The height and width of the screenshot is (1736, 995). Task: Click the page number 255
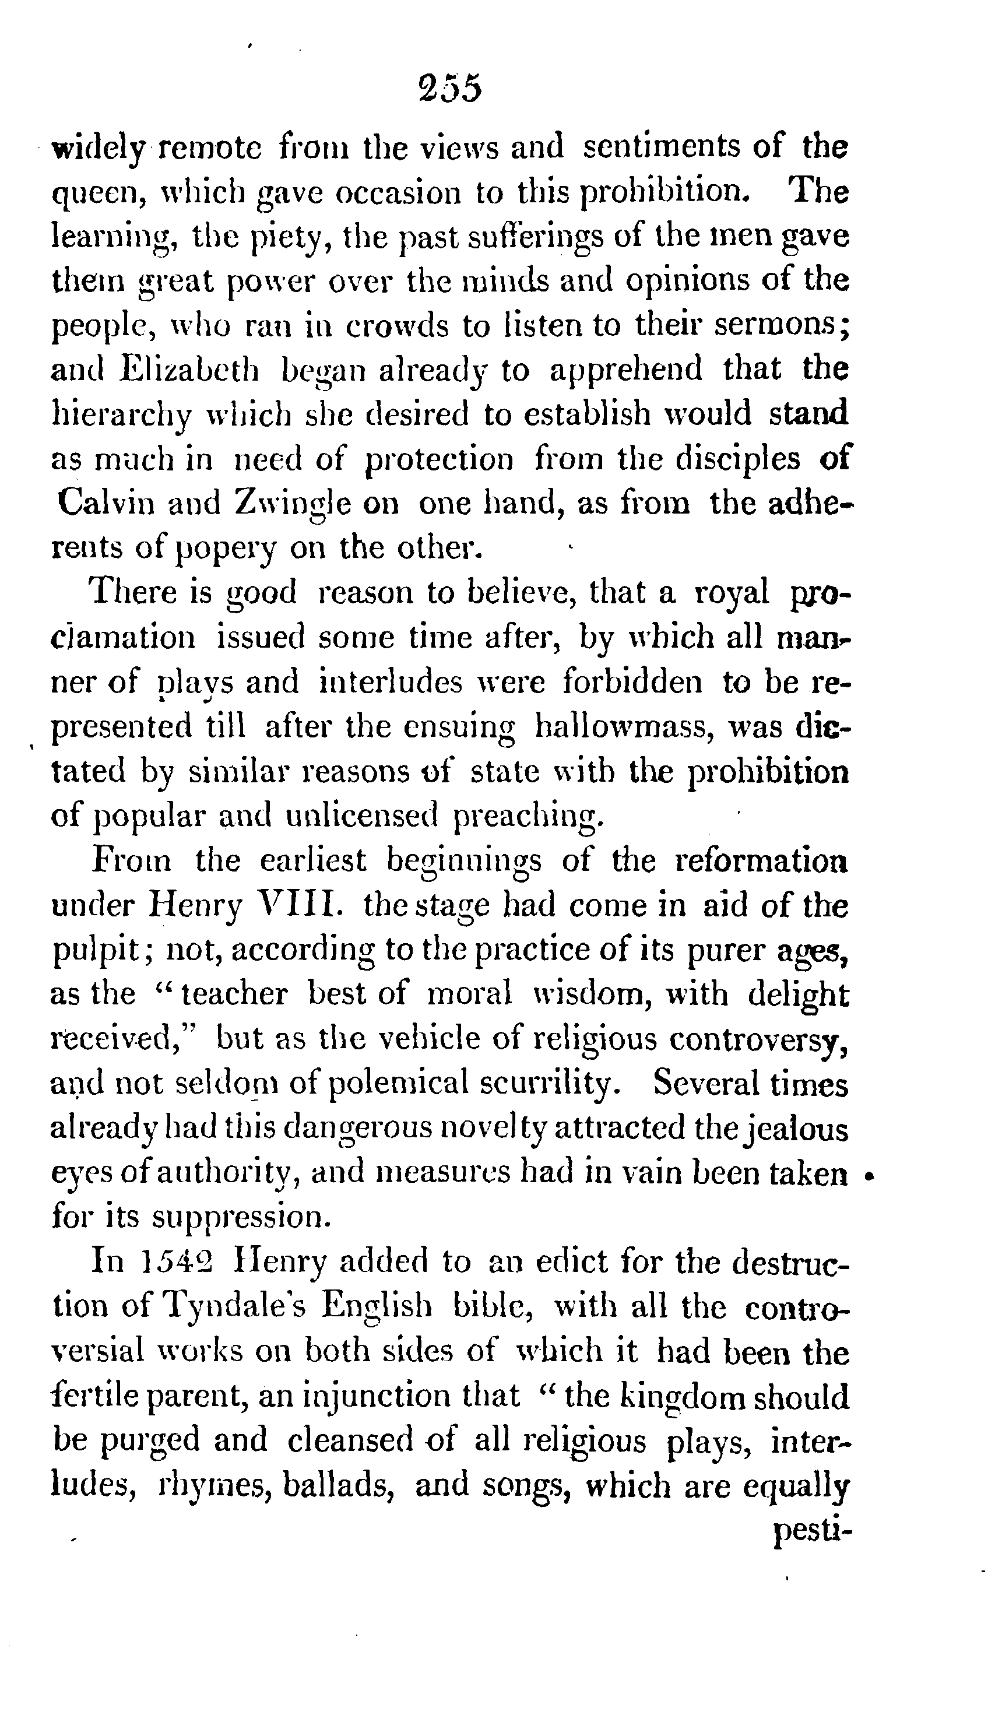point(452,90)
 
